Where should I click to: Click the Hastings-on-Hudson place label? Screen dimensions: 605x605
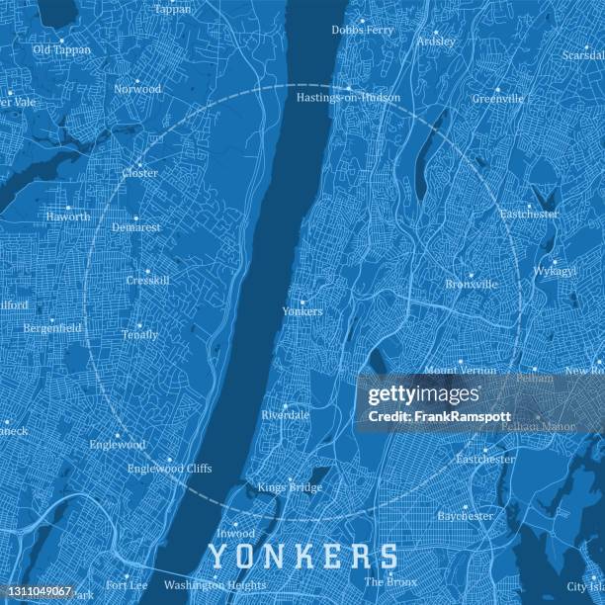pyautogui.click(x=348, y=98)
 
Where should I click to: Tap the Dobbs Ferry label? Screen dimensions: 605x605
pyautogui.click(x=362, y=31)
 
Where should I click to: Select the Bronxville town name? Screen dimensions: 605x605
pyautogui.click(x=472, y=285)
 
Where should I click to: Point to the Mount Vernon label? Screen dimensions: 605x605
pyautogui.click(x=461, y=371)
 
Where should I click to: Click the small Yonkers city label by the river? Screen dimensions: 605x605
pyautogui.click(x=302, y=311)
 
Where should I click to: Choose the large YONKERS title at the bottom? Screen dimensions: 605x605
pyautogui.click(x=304, y=557)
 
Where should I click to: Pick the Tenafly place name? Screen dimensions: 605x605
pyautogui.click(x=139, y=335)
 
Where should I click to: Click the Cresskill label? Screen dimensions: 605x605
pyautogui.click(x=147, y=281)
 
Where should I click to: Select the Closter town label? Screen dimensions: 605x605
pyautogui.click(x=139, y=173)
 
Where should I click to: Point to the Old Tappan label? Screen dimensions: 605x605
pyautogui.click(x=61, y=49)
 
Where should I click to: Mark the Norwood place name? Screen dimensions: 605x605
pyautogui.click(x=137, y=89)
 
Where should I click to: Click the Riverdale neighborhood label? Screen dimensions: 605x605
pyautogui.click(x=286, y=415)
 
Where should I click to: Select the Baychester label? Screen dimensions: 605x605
pyautogui.click(x=465, y=516)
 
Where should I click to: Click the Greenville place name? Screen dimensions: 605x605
pyautogui.click(x=497, y=99)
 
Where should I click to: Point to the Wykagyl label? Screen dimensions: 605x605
pyautogui.click(x=555, y=270)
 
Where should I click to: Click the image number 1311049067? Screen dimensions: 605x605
pyautogui.click(x=38, y=591)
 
